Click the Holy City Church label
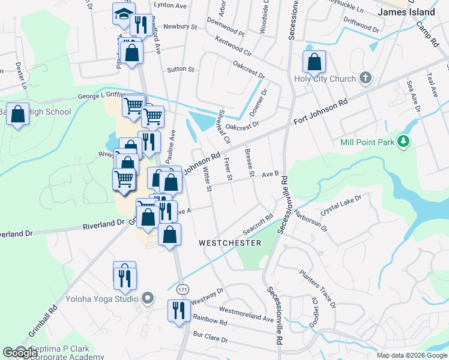coord(325,79)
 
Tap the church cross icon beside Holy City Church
coord(364,79)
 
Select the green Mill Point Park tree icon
coord(405,142)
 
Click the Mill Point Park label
coord(368,142)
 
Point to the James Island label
coord(406,12)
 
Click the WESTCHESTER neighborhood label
coord(230,243)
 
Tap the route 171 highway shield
coord(183,289)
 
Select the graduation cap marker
coord(124,14)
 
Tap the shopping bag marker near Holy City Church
coord(314,61)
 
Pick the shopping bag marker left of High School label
coord(19,113)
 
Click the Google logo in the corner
coord(20,353)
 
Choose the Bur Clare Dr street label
coord(209,338)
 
